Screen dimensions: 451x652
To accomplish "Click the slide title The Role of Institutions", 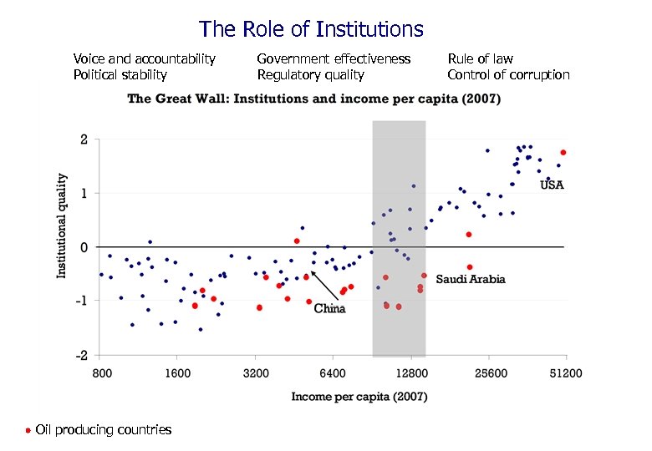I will point(311,30).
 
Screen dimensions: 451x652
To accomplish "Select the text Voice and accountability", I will point(144,58).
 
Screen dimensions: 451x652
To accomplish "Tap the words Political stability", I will point(120,75).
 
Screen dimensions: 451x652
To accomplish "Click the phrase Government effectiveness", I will point(334,58).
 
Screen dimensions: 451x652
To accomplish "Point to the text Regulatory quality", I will point(310,75).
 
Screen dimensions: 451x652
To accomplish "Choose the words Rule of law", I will point(480,58).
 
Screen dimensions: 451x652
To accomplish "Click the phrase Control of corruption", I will point(508,75).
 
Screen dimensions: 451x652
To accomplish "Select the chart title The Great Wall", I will point(313,99).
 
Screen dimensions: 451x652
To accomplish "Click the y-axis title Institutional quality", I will point(62,225).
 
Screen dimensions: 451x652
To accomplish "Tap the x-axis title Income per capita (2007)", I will point(359,397).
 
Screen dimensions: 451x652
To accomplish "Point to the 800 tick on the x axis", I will point(101,373).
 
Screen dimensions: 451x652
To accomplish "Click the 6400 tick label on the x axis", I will point(333,373).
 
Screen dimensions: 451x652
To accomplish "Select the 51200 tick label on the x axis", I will point(565,373).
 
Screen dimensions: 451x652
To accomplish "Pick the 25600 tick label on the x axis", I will point(488,373).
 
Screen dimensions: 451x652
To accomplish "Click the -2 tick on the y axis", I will point(83,356).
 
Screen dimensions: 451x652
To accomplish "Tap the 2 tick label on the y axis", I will point(84,139).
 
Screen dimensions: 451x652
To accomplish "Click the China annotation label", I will point(329,309).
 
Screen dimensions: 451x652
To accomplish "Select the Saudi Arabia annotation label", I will point(470,280).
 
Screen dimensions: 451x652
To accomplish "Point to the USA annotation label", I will point(552,185).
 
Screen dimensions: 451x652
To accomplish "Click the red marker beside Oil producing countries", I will point(28,430).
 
